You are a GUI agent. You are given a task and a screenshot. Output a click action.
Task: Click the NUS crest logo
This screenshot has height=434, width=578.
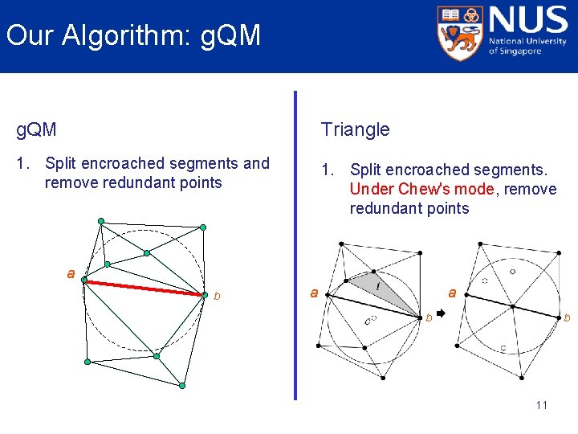pos(460,32)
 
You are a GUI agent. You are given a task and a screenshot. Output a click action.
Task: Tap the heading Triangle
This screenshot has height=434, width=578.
pos(355,129)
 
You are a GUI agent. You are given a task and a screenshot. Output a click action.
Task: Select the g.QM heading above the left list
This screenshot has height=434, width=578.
pos(37,129)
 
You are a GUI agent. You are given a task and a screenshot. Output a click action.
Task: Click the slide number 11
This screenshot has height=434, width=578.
pos(541,405)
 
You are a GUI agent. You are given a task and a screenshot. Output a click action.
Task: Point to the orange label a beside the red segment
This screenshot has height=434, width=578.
pos(71,273)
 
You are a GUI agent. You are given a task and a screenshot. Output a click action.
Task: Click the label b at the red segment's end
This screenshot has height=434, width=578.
pos(217,297)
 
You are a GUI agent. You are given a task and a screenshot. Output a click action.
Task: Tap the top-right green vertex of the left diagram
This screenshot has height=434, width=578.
pos(202,228)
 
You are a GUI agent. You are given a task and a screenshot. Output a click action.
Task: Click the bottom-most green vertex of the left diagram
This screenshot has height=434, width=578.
pos(182,386)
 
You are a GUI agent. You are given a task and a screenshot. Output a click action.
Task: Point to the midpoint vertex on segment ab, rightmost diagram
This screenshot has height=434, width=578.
pos(512,305)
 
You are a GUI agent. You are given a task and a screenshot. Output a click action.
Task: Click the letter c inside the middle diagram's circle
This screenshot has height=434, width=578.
pos(367,321)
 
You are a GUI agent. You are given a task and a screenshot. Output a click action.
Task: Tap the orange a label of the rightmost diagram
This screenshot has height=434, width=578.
pos(452,293)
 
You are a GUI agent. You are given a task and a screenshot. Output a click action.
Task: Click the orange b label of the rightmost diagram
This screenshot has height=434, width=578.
pos(567,319)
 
